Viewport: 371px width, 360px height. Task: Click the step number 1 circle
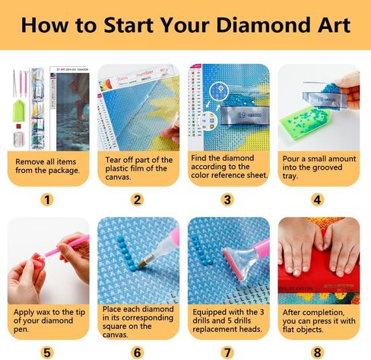click(48, 200)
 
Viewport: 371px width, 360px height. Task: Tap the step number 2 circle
click(138, 200)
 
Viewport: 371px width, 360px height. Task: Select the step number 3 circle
click(227, 200)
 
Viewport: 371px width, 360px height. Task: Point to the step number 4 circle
click(318, 200)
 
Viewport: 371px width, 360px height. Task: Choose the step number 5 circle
click(48, 352)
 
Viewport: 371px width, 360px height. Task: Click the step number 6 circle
click(138, 352)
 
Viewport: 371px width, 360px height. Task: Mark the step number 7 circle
click(227, 352)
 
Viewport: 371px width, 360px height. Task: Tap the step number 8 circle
click(318, 352)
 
